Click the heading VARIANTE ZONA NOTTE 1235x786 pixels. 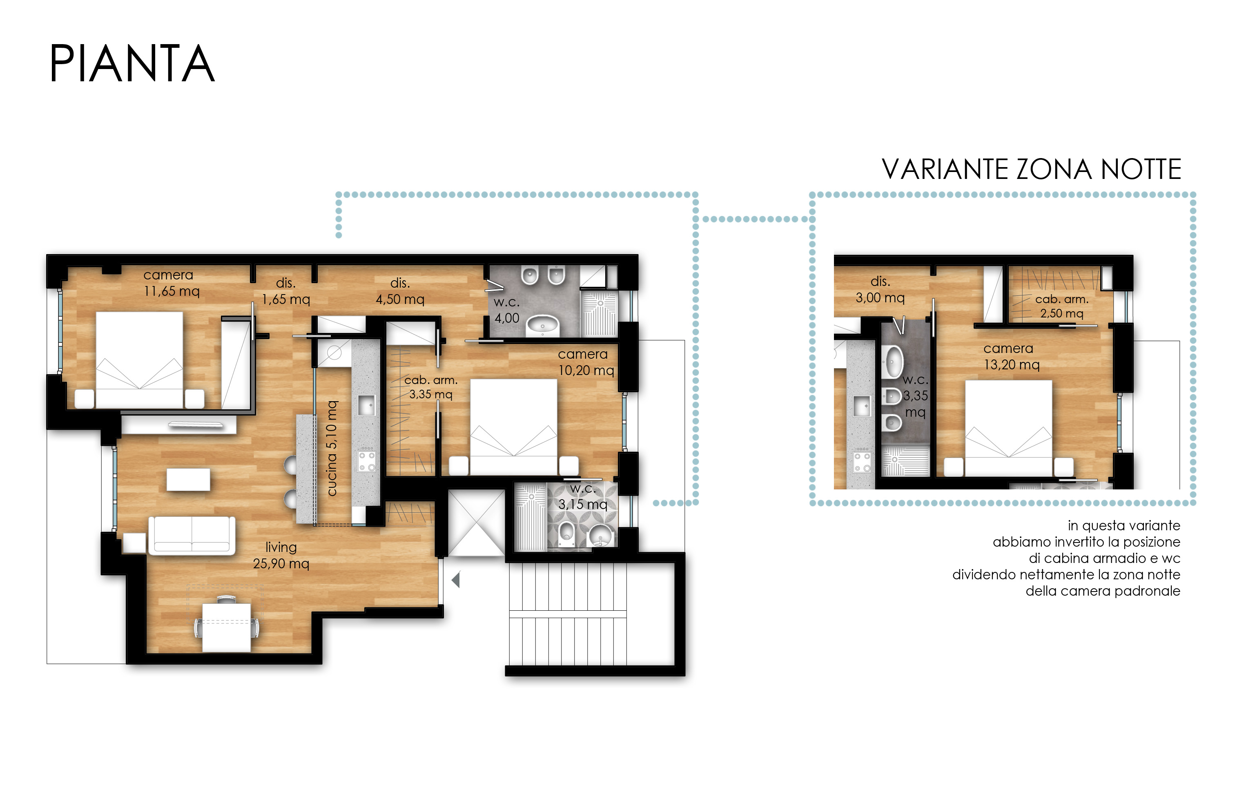(x=1031, y=169)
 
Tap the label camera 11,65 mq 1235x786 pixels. (x=171, y=283)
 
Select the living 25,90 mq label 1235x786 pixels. (x=281, y=555)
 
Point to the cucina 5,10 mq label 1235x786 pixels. (x=332, y=448)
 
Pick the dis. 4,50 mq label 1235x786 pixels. (x=400, y=291)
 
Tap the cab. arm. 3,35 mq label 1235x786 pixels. (x=431, y=387)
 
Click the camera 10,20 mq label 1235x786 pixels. (x=586, y=362)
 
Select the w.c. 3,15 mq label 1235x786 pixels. (x=583, y=497)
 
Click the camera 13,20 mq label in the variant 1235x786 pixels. (x=1011, y=357)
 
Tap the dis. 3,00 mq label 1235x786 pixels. (x=880, y=289)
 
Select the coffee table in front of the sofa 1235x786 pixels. (x=188, y=479)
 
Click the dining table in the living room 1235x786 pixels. (x=227, y=627)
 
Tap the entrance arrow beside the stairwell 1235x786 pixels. (x=455, y=580)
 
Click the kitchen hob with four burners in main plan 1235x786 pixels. (x=367, y=461)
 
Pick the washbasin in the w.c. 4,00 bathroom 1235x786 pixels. (x=543, y=325)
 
